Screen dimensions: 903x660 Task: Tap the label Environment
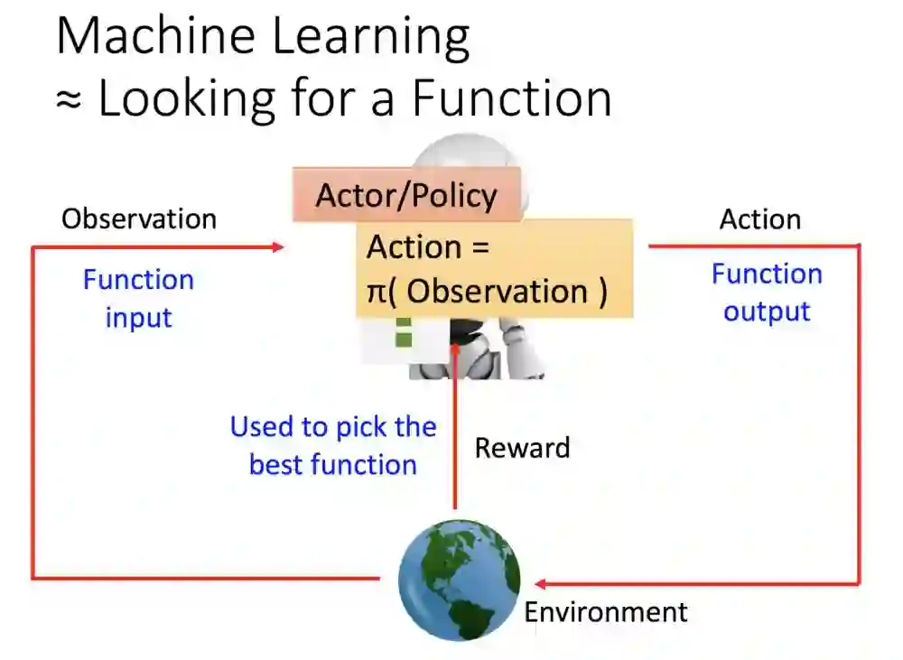[x=606, y=612]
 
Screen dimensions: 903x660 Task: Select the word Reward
[x=522, y=448]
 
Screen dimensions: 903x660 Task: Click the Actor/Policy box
[x=406, y=195]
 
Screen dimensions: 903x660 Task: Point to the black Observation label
[x=139, y=218]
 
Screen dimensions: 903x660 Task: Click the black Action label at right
[x=759, y=219]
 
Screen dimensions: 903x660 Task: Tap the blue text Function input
[x=138, y=298]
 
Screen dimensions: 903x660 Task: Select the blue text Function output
[x=767, y=293]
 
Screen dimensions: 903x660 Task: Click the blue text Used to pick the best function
[x=333, y=446]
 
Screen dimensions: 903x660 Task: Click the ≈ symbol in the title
[x=69, y=99]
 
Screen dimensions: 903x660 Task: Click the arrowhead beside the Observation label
[x=278, y=246]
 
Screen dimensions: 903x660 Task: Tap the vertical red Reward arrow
[x=455, y=424]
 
